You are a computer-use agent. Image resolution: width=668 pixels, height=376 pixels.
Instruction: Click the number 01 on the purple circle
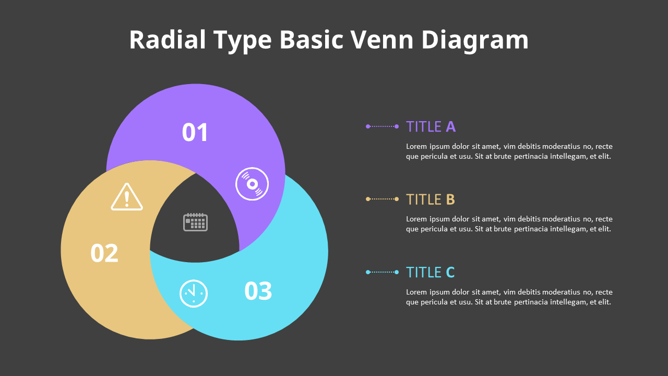[x=195, y=133]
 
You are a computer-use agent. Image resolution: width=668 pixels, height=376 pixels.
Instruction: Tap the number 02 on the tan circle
[x=104, y=253]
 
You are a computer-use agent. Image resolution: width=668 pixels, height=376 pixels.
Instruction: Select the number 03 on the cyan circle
[x=258, y=291]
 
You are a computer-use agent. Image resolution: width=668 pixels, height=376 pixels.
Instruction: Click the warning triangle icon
[x=127, y=197]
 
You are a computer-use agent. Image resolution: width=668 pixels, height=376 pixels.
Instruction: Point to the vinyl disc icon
[x=252, y=184]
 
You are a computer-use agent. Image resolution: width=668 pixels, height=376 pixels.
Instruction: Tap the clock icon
[x=194, y=293]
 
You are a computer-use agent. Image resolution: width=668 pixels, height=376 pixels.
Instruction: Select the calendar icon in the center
[x=195, y=222]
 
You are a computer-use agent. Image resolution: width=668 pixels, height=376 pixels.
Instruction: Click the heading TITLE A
[x=431, y=126]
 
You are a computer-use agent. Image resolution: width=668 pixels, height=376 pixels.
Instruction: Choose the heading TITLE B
[x=431, y=199]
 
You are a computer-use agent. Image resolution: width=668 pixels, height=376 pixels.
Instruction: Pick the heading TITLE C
[x=431, y=272]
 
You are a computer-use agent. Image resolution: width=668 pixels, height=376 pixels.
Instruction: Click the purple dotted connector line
[x=383, y=126]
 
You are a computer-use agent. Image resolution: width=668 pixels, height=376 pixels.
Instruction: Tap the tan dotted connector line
[x=383, y=199]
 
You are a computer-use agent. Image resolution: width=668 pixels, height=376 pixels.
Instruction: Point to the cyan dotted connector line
[x=383, y=272]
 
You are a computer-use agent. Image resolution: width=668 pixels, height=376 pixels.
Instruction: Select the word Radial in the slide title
[x=168, y=40]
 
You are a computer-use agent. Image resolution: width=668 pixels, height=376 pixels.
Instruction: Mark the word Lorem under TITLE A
[x=416, y=146]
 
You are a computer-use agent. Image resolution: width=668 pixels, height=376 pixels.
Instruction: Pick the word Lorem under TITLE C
[x=416, y=292]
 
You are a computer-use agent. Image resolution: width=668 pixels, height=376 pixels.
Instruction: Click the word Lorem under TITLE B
[x=416, y=219]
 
